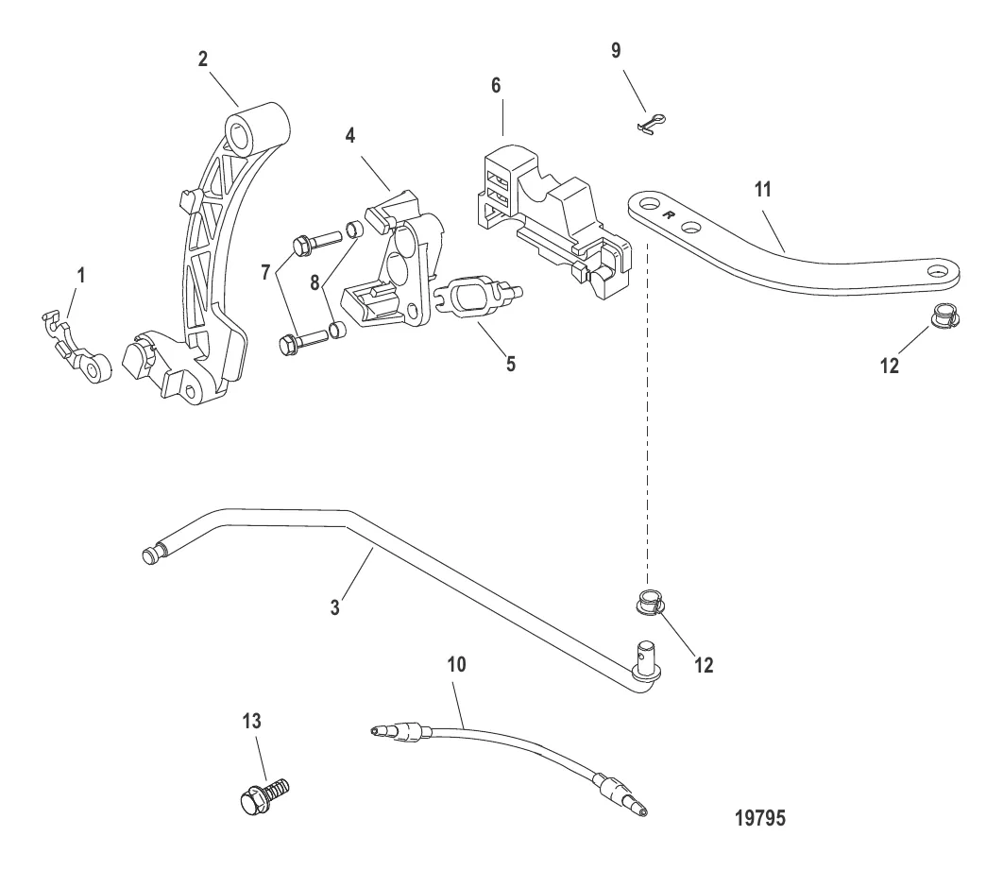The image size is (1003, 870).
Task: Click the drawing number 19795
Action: [x=760, y=817]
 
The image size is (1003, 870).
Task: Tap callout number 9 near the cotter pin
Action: [x=616, y=50]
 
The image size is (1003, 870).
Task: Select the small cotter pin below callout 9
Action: [x=652, y=123]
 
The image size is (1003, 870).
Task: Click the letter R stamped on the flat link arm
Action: [x=669, y=215]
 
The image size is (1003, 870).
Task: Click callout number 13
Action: [x=251, y=721]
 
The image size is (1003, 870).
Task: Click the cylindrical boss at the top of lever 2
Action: [x=257, y=128]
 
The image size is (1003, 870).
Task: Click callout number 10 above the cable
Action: [x=456, y=665]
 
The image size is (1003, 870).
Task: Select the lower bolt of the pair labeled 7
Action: [x=305, y=340]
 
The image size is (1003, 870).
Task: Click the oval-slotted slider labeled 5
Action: [x=479, y=297]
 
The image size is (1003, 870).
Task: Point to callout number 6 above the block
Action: [x=496, y=85]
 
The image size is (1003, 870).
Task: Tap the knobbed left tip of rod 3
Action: [x=151, y=554]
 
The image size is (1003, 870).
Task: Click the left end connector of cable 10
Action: [x=397, y=731]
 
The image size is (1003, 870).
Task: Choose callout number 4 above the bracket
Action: [x=349, y=136]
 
